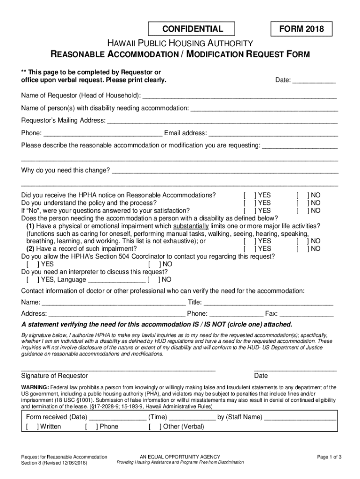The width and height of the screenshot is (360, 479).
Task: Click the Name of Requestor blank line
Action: coord(239,97)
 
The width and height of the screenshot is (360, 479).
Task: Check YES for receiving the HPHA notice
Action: coord(249,195)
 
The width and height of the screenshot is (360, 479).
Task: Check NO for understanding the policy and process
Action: coord(302,203)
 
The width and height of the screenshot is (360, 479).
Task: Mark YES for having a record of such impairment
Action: coord(249,249)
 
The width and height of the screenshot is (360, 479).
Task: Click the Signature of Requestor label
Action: coord(54,376)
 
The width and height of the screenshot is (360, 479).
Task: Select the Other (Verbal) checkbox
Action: coord(154,427)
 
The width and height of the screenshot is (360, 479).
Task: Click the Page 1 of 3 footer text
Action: coord(329,457)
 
